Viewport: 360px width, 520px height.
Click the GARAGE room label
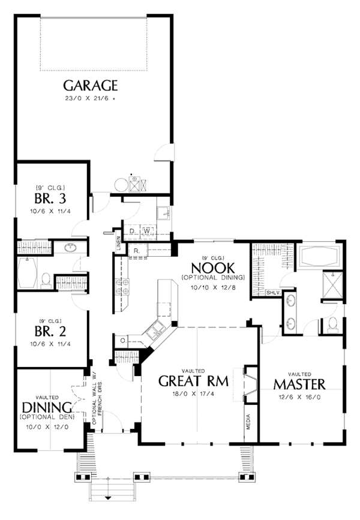pyautogui.click(x=90, y=86)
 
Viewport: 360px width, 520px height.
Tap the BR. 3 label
pyautogui.click(x=50, y=199)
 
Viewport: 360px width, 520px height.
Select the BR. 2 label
pyautogui.click(x=50, y=331)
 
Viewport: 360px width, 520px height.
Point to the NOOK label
pyautogui.click(x=213, y=267)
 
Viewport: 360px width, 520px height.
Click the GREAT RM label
pyautogui.click(x=193, y=381)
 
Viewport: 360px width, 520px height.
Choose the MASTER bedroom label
pyautogui.click(x=299, y=384)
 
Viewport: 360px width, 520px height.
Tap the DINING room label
pyautogui.click(x=47, y=407)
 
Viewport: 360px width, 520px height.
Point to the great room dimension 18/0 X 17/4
pyautogui.click(x=193, y=394)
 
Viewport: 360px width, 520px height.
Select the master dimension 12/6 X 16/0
pyautogui.click(x=299, y=397)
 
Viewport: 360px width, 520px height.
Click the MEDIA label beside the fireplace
pyautogui.click(x=248, y=422)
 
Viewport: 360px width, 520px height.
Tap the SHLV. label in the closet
pyautogui.click(x=274, y=293)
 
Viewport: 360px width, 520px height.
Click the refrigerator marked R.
pyautogui.click(x=137, y=251)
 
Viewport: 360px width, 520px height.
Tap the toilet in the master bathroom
pyautogui.click(x=332, y=324)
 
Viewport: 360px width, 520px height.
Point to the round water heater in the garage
pyautogui.click(x=121, y=185)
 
